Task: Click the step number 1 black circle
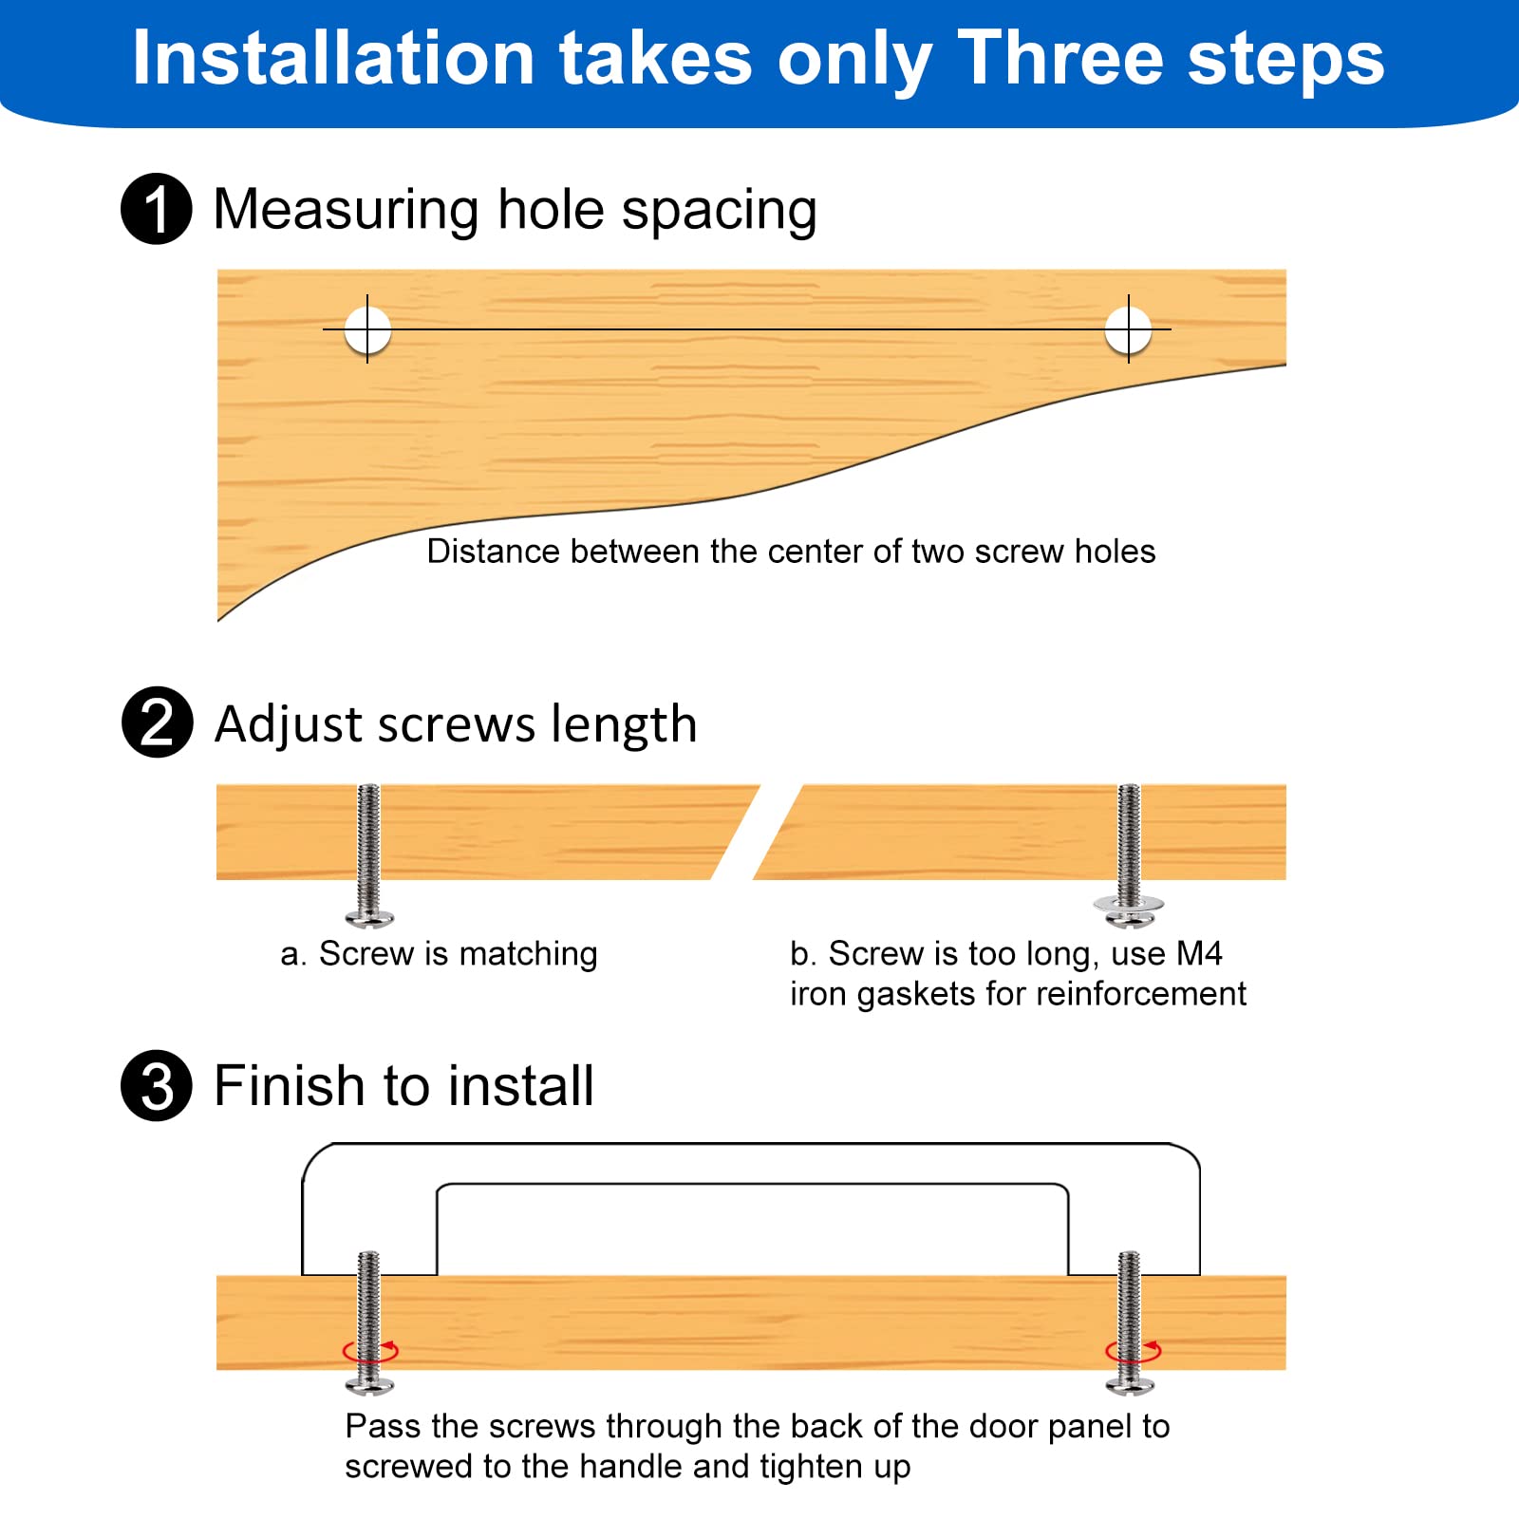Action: [157, 209]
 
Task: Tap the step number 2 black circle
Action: [157, 722]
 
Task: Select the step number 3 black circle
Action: [157, 1085]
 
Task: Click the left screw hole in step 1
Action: [367, 329]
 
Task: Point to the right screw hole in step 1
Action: [1129, 329]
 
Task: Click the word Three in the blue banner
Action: [1060, 59]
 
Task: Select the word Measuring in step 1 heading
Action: [347, 211]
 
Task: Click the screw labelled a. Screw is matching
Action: [369, 855]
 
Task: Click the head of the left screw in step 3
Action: [369, 1387]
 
